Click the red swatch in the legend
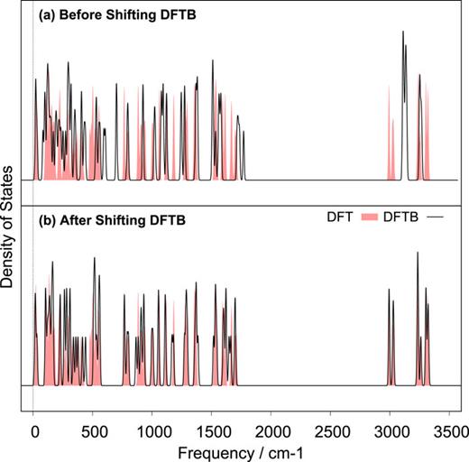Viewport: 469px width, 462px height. coord(371,217)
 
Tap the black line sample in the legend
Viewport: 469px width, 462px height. coord(437,217)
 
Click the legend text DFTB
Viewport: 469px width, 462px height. coord(403,217)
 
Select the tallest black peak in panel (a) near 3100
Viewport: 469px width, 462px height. coord(403,32)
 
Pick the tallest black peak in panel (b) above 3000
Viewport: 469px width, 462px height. coord(417,254)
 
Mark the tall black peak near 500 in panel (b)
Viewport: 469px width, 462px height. coord(94,258)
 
